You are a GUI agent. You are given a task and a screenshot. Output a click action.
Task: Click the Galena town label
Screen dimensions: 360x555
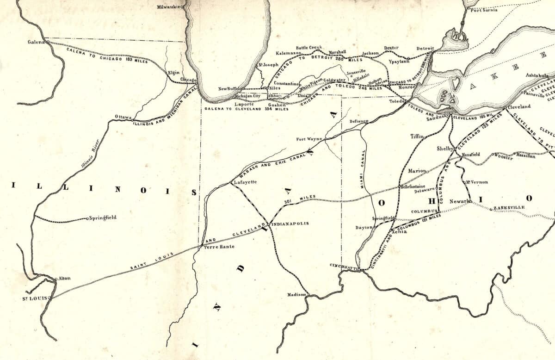click(35, 42)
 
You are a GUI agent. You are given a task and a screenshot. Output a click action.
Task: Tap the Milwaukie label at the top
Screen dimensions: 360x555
click(169, 7)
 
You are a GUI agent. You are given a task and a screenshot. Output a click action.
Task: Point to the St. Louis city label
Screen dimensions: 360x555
click(34, 298)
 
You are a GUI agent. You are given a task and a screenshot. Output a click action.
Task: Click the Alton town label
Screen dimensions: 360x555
click(64, 279)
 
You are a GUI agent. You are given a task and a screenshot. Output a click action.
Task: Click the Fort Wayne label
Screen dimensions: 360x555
click(309, 139)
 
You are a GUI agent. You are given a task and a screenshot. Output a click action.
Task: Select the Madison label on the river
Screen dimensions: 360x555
click(296, 294)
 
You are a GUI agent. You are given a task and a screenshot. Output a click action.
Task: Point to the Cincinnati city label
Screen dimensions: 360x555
click(345, 266)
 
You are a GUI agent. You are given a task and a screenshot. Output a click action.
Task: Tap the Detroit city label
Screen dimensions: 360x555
click(425, 48)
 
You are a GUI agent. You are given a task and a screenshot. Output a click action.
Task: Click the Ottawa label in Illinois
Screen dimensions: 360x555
click(123, 117)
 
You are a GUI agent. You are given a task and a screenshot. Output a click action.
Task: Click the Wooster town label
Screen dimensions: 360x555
click(504, 158)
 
